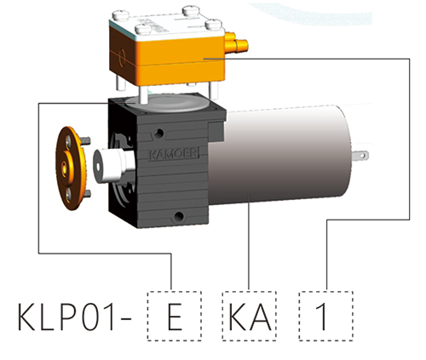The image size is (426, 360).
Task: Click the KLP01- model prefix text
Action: click(74, 317)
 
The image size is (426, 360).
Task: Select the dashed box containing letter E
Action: click(175, 316)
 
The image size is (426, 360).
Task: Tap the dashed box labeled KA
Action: click(250, 316)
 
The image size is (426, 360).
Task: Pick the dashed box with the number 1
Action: click(326, 316)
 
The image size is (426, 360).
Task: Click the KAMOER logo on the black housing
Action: click(174, 154)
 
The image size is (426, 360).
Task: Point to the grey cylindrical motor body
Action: click(279, 155)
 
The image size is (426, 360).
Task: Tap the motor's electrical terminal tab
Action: click(360, 156)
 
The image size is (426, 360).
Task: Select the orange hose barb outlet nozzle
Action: click(236, 45)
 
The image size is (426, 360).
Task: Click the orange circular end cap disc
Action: click(71, 168)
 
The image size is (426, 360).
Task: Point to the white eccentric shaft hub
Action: click(113, 166)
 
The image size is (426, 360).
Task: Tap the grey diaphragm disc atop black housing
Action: click(167, 103)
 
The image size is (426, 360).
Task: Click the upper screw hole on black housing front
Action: click(159, 133)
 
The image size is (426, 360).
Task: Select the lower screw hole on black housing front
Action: click(179, 217)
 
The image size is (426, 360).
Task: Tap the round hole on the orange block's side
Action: click(122, 57)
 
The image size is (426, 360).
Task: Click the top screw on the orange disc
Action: click(68, 141)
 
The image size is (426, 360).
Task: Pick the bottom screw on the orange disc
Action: click(68, 195)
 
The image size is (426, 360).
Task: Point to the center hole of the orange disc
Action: click(65, 165)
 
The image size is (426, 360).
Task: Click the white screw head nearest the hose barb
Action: click(214, 24)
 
